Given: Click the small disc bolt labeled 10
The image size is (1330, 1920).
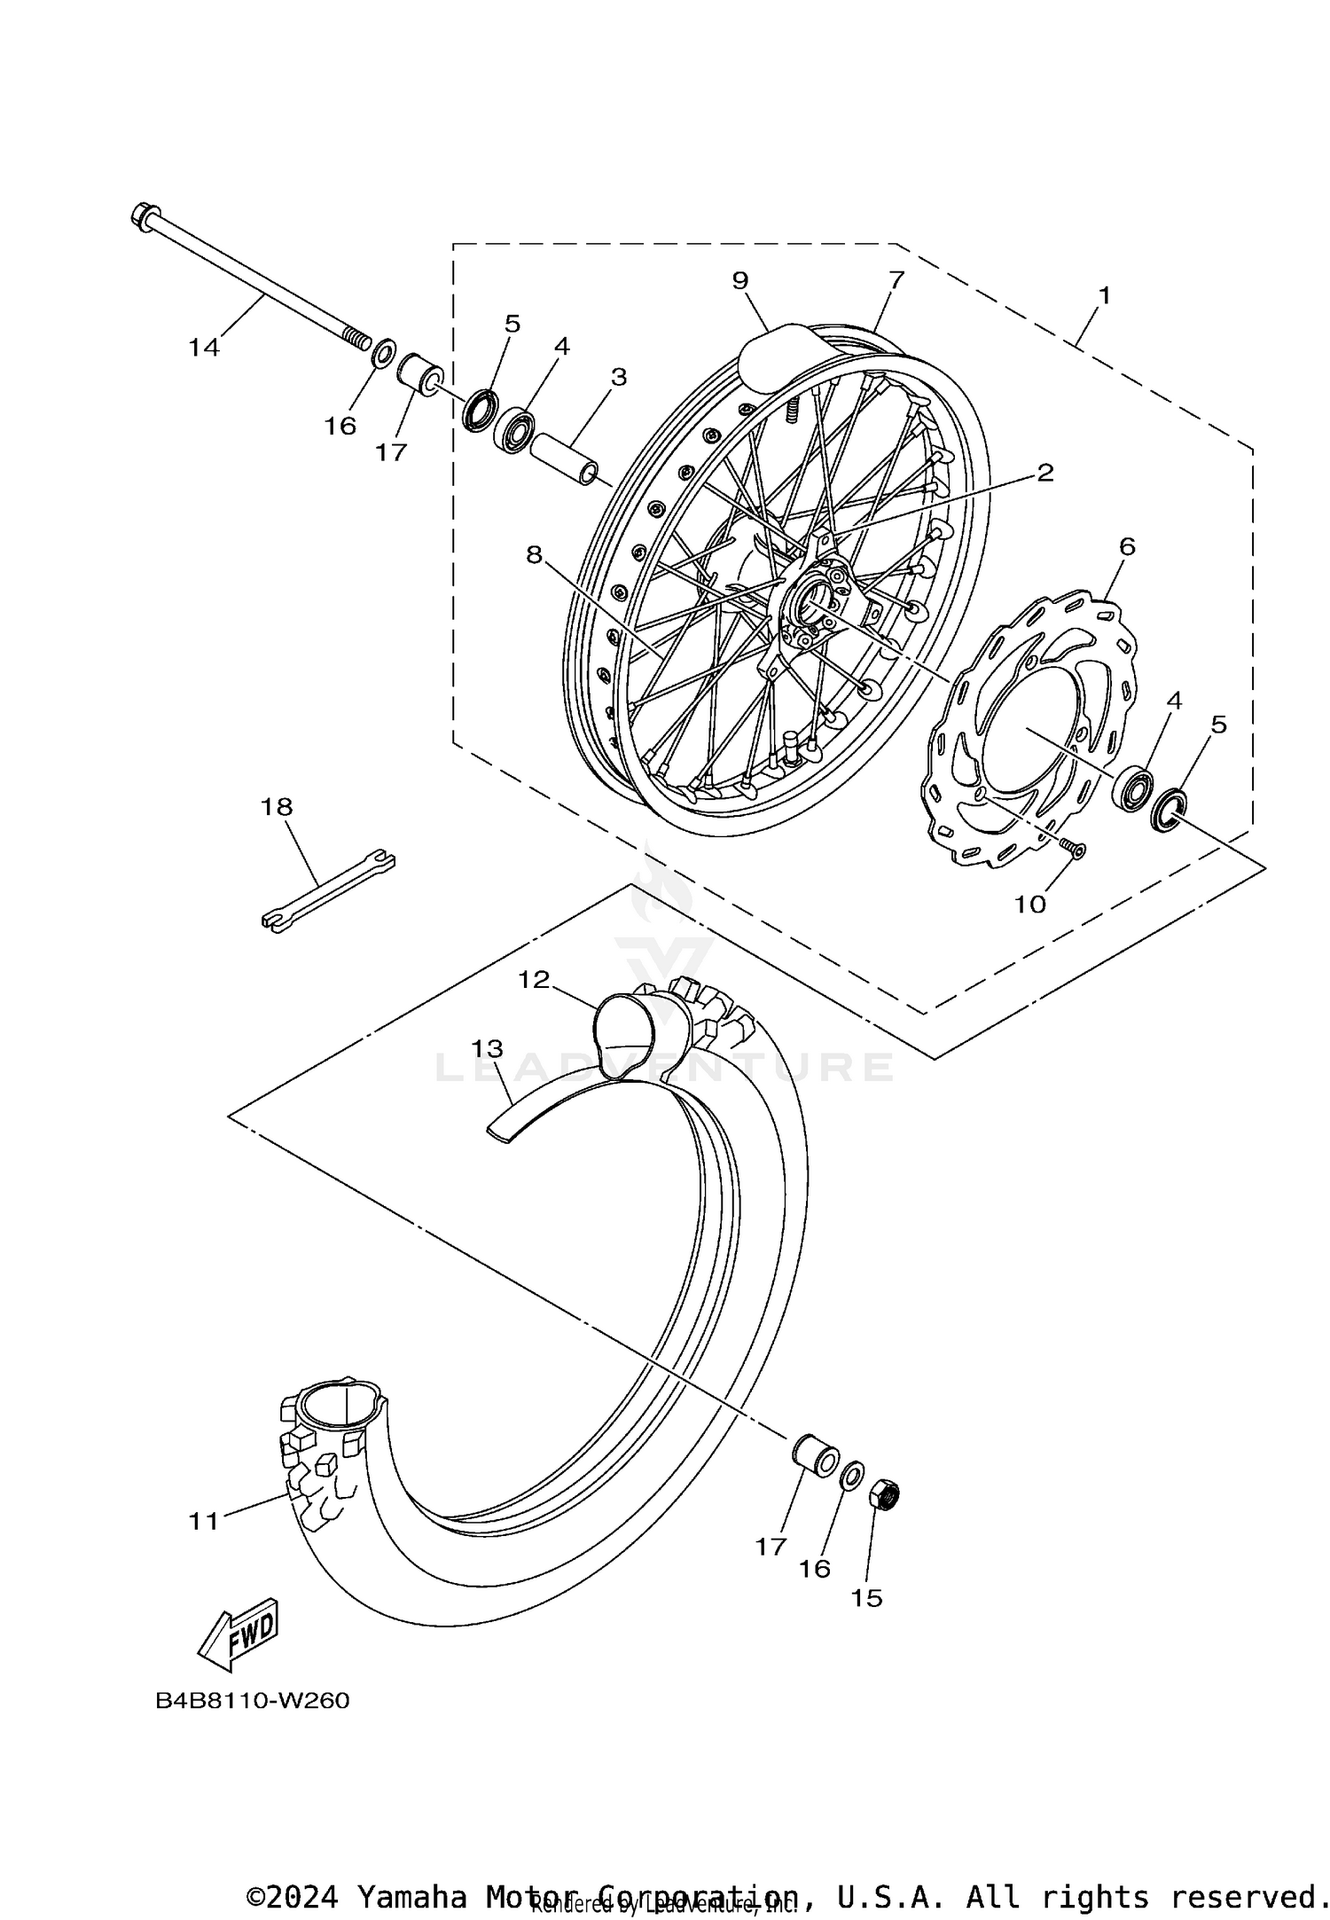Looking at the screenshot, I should coord(1075,849).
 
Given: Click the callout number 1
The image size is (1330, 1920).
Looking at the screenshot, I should coord(1105,295).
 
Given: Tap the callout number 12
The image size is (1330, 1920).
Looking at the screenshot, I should coord(535,979).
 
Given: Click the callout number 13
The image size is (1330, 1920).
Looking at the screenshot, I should coord(487,1048).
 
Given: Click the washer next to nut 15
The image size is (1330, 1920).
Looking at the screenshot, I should coord(850,1477).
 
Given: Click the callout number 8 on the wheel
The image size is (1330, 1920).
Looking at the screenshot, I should coord(533,555).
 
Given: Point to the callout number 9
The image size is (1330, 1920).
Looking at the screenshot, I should coord(740,280).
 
